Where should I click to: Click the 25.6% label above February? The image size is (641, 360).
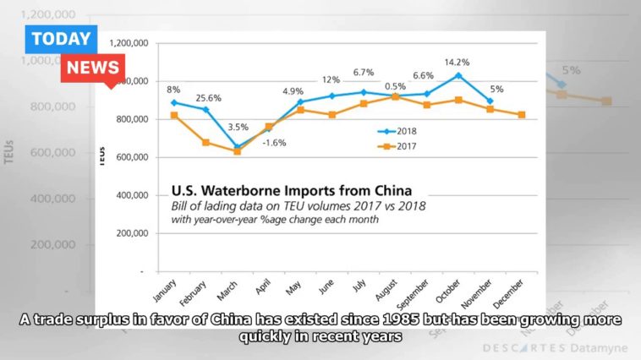point(209,98)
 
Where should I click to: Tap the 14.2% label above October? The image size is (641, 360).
point(457,63)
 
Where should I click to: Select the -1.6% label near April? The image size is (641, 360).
point(273,143)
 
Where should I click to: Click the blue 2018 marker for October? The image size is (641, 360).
point(458,75)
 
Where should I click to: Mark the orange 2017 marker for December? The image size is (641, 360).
point(522,115)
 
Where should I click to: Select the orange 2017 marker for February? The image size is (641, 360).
point(205,142)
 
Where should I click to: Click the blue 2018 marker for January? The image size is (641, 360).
point(173,103)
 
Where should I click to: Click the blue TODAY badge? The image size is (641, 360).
point(62,39)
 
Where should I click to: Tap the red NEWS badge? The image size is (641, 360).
point(93,68)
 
